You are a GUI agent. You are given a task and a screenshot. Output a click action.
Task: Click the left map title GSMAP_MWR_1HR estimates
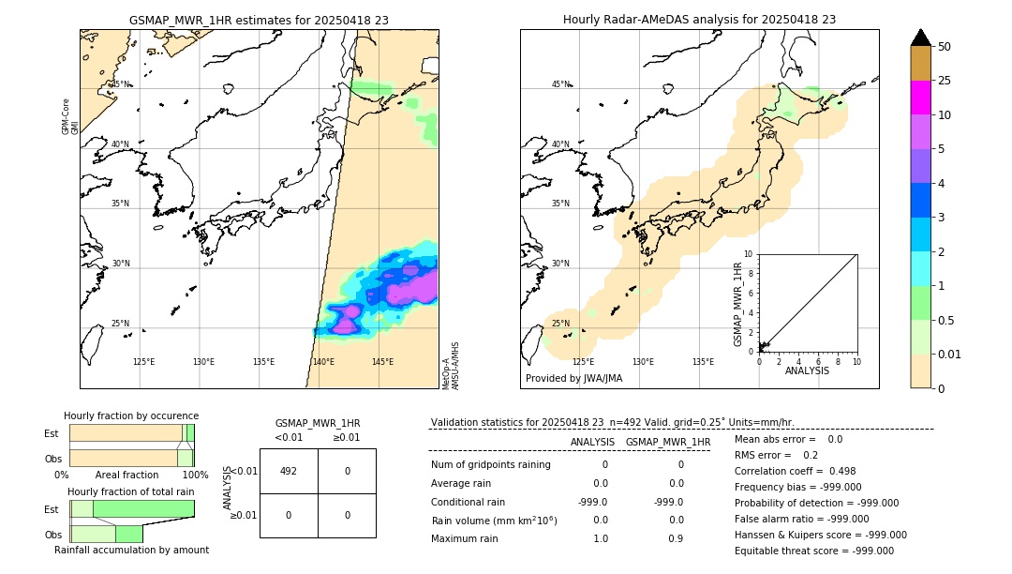[259, 19]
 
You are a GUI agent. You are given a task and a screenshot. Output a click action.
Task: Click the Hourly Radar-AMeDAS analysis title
[699, 19]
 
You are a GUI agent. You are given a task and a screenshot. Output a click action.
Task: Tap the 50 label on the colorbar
[945, 47]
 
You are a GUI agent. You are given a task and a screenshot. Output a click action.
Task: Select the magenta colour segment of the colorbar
[920, 98]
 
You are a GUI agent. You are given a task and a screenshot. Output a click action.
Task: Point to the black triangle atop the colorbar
[920, 38]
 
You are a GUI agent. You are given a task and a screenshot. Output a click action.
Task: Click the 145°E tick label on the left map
[382, 362]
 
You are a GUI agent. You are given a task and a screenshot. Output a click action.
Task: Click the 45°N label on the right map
[560, 84]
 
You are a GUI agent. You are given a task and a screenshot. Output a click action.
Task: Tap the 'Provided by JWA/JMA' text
[573, 379]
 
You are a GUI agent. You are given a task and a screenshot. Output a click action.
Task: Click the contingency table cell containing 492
[289, 471]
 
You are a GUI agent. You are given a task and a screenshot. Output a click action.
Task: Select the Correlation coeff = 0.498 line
[795, 471]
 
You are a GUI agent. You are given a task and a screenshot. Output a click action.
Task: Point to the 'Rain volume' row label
[494, 521]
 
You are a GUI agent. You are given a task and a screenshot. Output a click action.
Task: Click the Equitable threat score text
[813, 551]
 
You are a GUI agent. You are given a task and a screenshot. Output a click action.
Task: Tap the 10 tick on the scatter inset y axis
[748, 254]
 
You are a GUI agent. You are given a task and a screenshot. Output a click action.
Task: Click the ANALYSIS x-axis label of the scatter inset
[807, 370]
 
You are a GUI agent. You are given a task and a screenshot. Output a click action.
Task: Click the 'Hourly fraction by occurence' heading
[131, 415]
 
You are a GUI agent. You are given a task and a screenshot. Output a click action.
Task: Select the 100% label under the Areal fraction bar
[195, 476]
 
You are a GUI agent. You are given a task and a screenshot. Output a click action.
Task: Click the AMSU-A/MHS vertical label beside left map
[455, 366]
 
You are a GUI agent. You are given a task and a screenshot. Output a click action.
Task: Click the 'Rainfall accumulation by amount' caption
[131, 550]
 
